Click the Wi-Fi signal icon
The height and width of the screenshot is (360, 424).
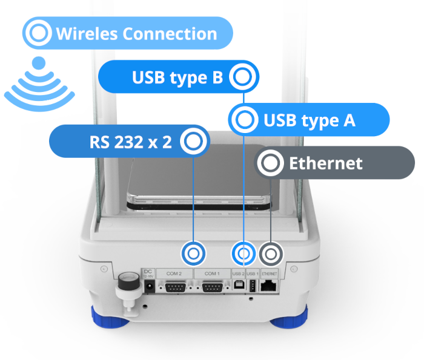tap(39, 81)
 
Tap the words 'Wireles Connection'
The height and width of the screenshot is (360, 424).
tap(136, 33)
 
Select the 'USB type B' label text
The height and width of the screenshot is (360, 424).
tap(178, 77)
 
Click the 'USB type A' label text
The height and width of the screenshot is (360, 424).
tap(309, 120)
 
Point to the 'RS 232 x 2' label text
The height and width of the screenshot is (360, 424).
tap(131, 142)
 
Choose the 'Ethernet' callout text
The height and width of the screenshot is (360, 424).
tap(325, 163)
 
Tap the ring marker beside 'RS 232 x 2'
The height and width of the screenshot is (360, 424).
tap(193, 142)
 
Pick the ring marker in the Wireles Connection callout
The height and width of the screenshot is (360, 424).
tap(39, 33)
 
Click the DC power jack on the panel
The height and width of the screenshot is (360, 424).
tap(148, 288)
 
